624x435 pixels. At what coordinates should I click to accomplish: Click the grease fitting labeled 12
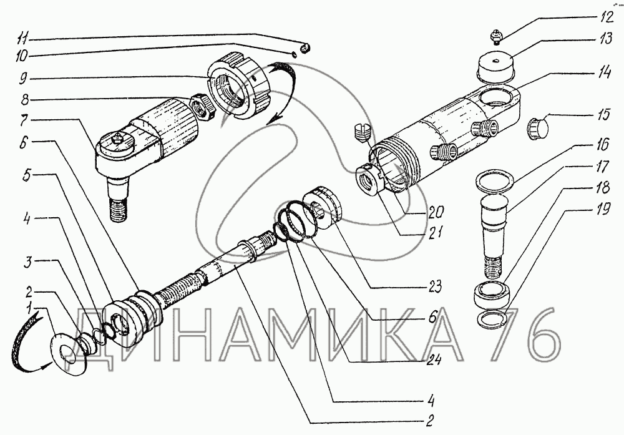(497, 37)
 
